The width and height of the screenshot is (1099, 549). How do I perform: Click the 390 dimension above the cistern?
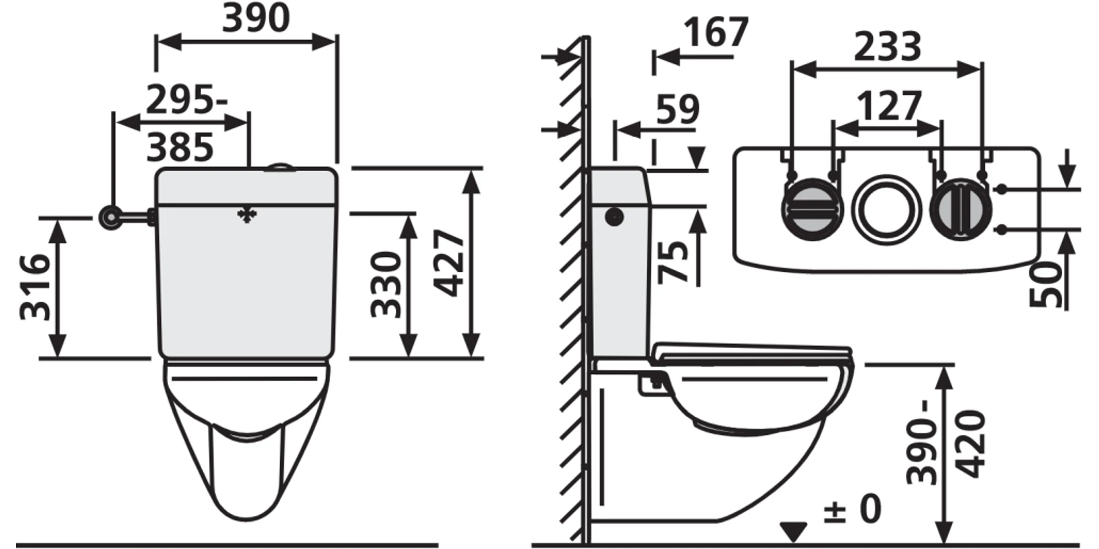coord(256,18)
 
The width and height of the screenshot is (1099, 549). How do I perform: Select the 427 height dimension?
coord(449,263)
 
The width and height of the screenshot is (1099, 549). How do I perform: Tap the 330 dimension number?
coord(386,284)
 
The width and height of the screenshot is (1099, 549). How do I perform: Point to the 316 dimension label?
coord(35,287)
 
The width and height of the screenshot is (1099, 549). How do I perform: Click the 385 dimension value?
coord(180,147)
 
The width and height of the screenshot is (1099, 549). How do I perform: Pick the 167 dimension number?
coord(716,32)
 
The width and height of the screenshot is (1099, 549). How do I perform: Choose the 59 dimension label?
coord(678,109)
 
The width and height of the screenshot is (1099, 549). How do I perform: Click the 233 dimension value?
coord(887,47)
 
